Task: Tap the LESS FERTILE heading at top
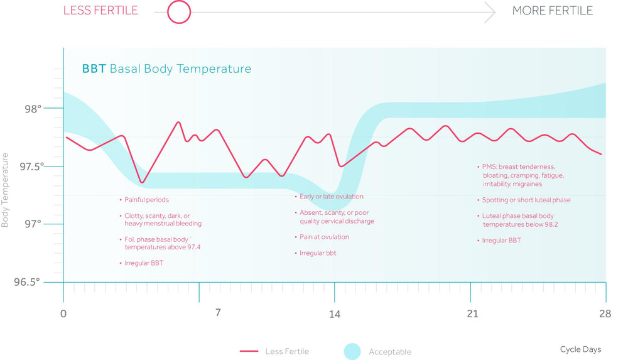click(x=100, y=11)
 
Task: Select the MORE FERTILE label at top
click(x=552, y=11)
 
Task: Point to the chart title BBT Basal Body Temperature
click(x=166, y=69)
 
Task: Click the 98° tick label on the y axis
click(x=33, y=109)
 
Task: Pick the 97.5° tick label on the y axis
click(x=31, y=166)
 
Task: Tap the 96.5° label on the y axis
click(x=27, y=282)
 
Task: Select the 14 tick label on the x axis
click(x=335, y=314)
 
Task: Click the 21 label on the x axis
click(x=473, y=314)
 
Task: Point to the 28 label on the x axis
click(x=605, y=314)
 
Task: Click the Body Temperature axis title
click(x=5, y=190)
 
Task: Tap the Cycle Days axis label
click(x=580, y=349)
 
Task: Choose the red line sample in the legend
click(x=249, y=351)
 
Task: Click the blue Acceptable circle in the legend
click(x=352, y=351)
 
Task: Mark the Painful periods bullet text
click(x=146, y=200)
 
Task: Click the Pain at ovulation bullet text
click(x=325, y=237)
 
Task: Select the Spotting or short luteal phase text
click(x=526, y=200)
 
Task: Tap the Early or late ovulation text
click(x=332, y=197)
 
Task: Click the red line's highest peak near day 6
click(x=178, y=123)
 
